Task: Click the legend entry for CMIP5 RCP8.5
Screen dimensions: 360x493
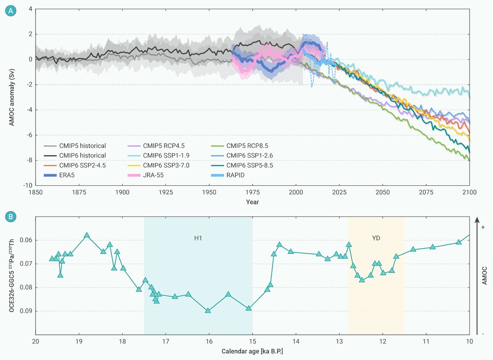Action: pos(244,145)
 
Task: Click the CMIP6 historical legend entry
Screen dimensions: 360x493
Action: pos(81,156)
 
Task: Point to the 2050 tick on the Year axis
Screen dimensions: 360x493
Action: pos(383,192)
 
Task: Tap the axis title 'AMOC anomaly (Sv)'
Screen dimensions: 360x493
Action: pos(11,97)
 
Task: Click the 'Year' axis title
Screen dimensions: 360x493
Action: pos(252,201)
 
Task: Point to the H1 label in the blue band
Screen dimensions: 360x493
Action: pos(198,238)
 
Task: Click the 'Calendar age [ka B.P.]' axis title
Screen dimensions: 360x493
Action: pos(252,350)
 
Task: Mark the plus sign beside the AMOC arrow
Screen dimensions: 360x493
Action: pos(483,227)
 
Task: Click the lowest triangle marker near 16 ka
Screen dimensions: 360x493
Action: pos(208,310)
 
